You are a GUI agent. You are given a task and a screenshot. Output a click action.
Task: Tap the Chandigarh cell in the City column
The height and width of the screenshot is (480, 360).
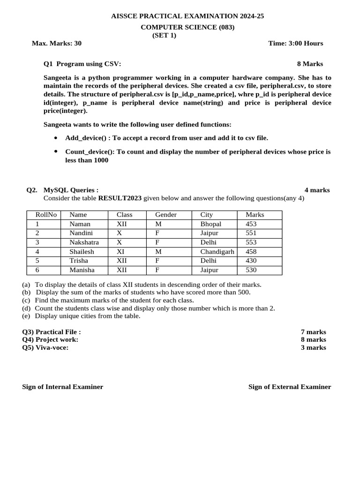click(x=217, y=252)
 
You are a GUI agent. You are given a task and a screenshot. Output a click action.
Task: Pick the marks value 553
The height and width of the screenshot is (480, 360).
click(x=251, y=242)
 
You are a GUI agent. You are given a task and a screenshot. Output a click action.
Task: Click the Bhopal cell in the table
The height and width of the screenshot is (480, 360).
click(x=210, y=224)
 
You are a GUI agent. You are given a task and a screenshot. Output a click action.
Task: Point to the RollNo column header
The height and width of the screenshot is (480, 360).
click(x=46, y=215)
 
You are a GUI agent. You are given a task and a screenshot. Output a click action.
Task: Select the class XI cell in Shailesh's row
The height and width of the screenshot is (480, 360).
click(x=121, y=252)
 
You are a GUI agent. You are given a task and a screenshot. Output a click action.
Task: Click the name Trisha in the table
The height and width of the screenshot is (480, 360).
click(x=78, y=261)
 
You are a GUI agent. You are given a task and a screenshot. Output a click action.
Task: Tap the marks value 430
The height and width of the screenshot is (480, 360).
click(x=251, y=261)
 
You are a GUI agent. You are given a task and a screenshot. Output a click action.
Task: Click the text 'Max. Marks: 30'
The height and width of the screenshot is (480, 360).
click(x=56, y=43)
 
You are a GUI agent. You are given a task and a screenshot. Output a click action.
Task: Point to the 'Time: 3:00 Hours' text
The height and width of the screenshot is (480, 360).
click(x=295, y=43)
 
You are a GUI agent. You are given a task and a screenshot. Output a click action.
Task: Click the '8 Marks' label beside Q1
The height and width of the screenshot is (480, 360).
click(x=310, y=64)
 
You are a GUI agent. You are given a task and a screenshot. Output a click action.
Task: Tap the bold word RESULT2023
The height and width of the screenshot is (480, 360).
click(x=120, y=198)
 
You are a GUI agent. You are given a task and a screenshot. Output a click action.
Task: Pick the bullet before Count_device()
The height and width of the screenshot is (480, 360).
click(x=56, y=152)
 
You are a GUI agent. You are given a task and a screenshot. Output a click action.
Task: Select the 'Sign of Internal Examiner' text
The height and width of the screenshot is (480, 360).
click(x=63, y=387)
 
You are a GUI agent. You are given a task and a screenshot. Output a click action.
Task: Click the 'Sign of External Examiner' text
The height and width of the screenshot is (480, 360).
click(x=289, y=387)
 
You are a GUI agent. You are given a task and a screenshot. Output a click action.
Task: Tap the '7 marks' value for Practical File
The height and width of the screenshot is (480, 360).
click(x=313, y=332)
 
